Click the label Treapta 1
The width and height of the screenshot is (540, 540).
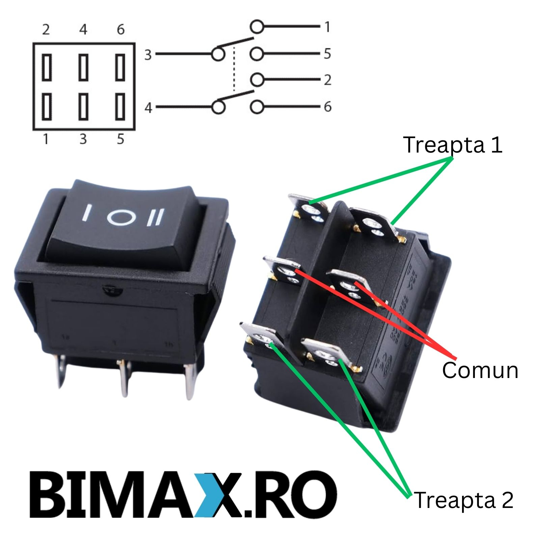click(x=453, y=145)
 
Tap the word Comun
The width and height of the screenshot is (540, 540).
click(x=480, y=370)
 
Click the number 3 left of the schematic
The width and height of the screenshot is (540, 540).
click(x=148, y=55)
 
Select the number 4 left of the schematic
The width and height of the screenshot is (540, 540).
click(x=148, y=108)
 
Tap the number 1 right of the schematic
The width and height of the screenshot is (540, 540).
click(x=327, y=27)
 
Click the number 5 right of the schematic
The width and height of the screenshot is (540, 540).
click(x=327, y=54)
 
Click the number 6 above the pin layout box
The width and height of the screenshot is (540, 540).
click(x=120, y=30)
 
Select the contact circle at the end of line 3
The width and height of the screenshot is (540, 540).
click(x=218, y=54)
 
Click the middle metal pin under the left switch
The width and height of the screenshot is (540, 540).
click(x=125, y=378)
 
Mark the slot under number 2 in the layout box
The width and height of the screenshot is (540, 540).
click(x=47, y=67)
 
